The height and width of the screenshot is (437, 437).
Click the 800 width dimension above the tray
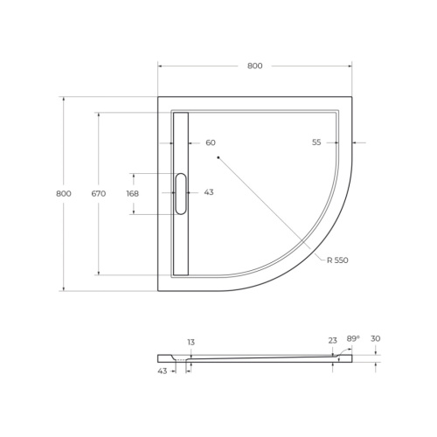pyautogui.click(x=254, y=66)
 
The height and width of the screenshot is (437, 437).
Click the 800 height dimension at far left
pyautogui.click(x=63, y=193)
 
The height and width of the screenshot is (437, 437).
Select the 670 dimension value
pyautogui.click(x=98, y=193)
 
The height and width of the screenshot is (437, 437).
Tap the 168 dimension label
pyautogui.click(x=132, y=193)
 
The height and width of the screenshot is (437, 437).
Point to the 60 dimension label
pyautogui.click(x=210, y=142)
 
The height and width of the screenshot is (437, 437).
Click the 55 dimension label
pyautogui.click(x=316, y=142)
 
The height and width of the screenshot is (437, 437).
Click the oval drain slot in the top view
pyautogui.click(x=181, y=193)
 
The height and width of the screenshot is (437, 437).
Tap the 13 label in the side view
pyautogui.click(x=190, y=342)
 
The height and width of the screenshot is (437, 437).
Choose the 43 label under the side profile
pyautogui.click(x=163, y=371)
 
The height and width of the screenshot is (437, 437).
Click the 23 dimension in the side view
pyautogui.click(x=333, y=342)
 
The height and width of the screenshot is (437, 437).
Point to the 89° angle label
pyautogui.click(x=352, y=338)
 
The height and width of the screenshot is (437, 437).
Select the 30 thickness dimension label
pyautogui.click(x=376, y=338)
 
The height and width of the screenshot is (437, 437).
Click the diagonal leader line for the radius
pyautogui.click(x=271, y=208)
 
